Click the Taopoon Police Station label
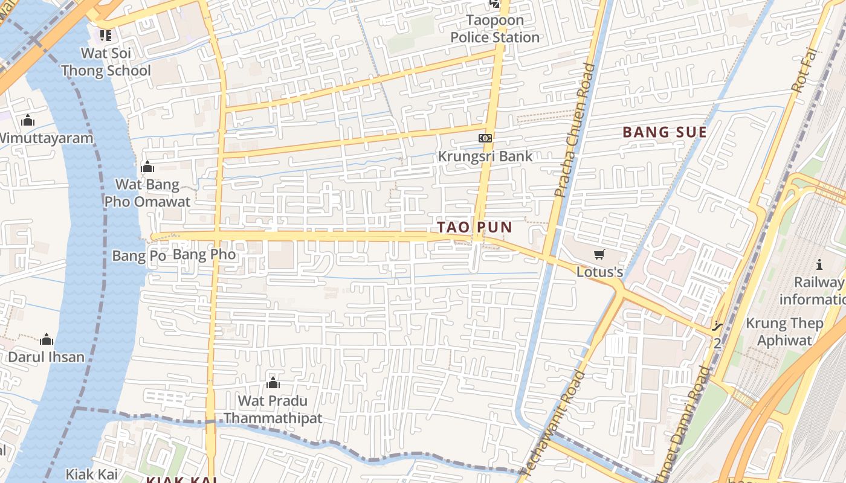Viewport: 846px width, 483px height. pos(495,29)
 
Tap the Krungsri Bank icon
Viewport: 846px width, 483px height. pos(485,138)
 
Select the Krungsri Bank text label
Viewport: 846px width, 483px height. pos(485,156)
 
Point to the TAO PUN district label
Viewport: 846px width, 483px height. pos(474,228)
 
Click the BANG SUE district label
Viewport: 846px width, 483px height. pos(664,132)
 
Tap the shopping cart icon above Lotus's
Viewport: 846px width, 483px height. pos(599,255)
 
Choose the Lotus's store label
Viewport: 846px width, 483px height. pos(599,272)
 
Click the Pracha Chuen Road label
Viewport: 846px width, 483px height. pos(574,130)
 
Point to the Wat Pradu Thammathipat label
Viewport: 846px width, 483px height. pos(273,409)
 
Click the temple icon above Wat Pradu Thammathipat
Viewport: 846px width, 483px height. pos(273,383)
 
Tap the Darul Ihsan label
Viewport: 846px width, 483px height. pos(46,357)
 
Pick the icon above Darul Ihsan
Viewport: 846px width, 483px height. pos(47,340)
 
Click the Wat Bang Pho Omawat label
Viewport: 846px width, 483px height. pos(147,193)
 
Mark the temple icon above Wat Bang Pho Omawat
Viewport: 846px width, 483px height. pos(147,167)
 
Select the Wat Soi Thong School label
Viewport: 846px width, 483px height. pos(106,62)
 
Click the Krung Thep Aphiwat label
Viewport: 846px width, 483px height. pos(784,331)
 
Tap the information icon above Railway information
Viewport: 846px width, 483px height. pos(819,264)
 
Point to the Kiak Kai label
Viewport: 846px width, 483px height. pos(92,474)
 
